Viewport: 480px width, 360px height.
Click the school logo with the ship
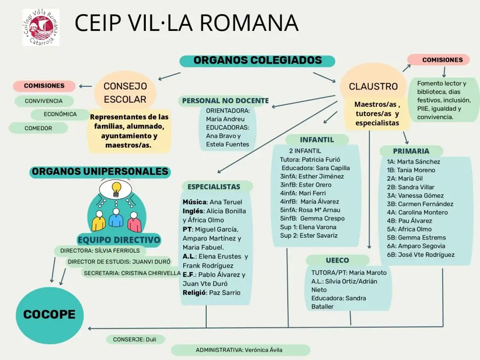[x=41, y=28]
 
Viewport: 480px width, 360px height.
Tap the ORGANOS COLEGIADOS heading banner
[x=257, y=60]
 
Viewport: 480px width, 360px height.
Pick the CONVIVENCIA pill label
[x=44, y=101]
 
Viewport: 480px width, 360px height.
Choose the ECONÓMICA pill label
[x=60, y=114]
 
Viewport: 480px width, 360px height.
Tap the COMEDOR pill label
[x=38, y=128]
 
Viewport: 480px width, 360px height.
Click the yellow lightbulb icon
[x=116, y=189]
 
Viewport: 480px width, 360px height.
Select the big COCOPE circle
[x=50, y=315]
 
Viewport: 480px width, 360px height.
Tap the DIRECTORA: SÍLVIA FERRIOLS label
[x=100, y=251]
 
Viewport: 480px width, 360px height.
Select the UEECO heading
[x=337, y=261]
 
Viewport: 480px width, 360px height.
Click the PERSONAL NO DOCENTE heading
[x=225, y=101]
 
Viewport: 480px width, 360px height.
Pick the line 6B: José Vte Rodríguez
[x=420, y=255]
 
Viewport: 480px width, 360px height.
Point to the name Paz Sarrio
[x=225, y=292]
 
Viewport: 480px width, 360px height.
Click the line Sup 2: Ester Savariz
[x=308, y=236]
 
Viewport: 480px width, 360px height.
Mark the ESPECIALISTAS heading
[x=214, y=187]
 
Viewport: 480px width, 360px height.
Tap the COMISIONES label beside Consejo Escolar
[x=45, y=86]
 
